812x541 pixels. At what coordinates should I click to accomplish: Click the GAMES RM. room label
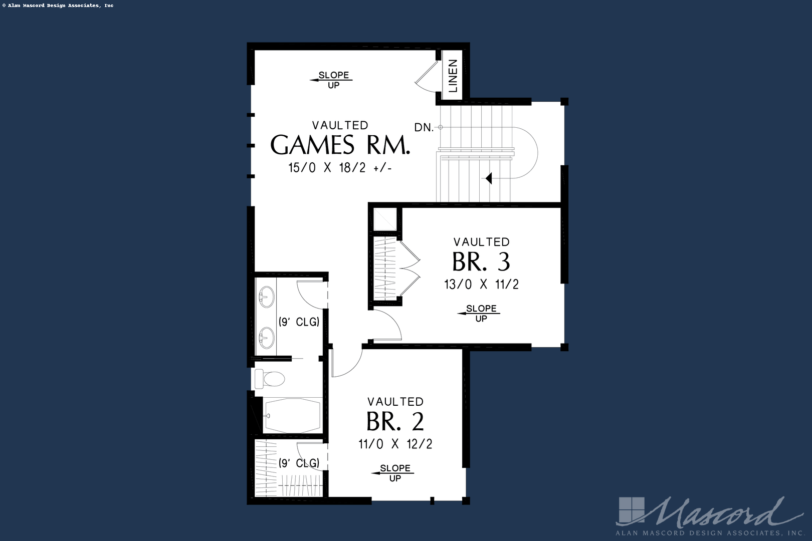tap(340, 145)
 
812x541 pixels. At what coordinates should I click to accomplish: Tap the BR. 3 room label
tap(481, 261)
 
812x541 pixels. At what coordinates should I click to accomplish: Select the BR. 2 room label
tap(395, 421)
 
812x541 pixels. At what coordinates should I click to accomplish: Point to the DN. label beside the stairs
tap(424, 128)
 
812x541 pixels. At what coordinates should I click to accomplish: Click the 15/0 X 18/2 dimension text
tap(340, 168)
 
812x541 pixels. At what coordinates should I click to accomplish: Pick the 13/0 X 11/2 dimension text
tap(481, 285)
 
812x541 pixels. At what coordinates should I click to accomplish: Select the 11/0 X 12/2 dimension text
tap(395, 444)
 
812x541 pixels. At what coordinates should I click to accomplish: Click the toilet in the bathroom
tap(269, 378)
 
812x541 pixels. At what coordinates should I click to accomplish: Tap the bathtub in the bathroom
tap(292, 415)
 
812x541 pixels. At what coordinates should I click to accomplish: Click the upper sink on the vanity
tap(266, 297)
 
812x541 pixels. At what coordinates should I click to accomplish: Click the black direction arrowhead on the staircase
tap(489, 178)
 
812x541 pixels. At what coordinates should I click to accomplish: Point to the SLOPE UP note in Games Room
tap(333, 80)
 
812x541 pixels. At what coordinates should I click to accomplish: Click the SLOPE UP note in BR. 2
tap(394, 472)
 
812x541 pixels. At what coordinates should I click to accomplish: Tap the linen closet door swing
tap(426, 78)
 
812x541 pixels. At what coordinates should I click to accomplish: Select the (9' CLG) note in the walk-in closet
tap(299, 463)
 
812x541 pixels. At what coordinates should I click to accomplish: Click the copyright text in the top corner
tap(57, 6)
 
